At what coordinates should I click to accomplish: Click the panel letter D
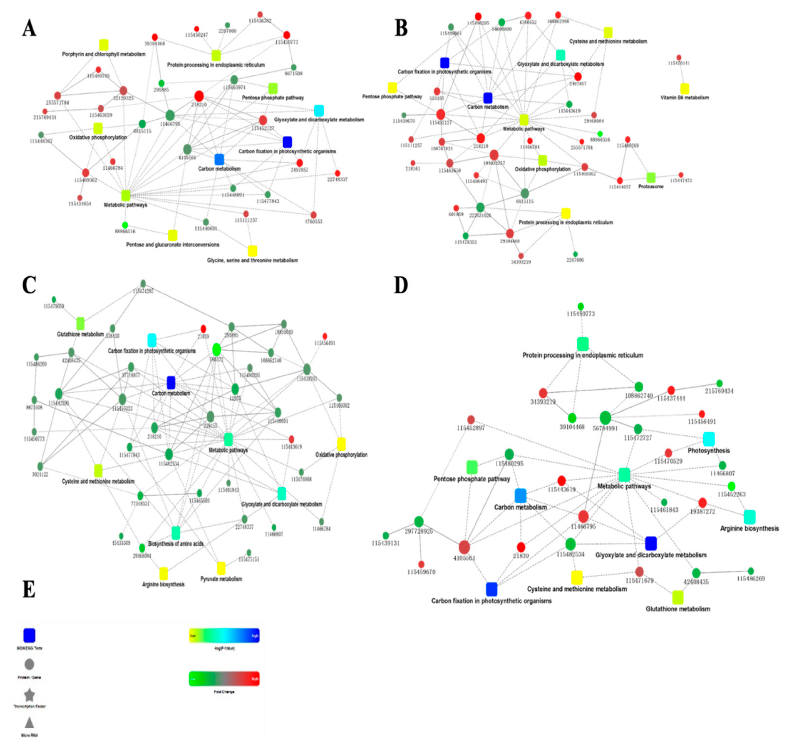tap(401, 285)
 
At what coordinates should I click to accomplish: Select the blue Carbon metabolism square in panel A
tap(219, 159)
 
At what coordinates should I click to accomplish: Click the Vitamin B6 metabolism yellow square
tap(685, 89)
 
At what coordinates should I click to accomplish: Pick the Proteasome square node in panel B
tap(651, 177)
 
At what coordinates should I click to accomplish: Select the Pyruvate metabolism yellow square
tap(221, 568)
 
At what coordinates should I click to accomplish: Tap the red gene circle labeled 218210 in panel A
tap(199, 96)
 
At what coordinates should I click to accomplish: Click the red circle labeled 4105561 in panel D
tap(464, 547)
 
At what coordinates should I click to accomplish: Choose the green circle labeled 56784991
tap(605, 418)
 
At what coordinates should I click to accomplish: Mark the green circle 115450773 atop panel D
tap(581, 307)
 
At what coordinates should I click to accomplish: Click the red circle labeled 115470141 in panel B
tap(679, 58)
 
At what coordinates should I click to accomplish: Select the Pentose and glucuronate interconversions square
tap(173, 235)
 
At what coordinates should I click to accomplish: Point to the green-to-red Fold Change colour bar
tap(224, 679)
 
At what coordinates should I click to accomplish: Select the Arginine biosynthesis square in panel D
tap(750, 517)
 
